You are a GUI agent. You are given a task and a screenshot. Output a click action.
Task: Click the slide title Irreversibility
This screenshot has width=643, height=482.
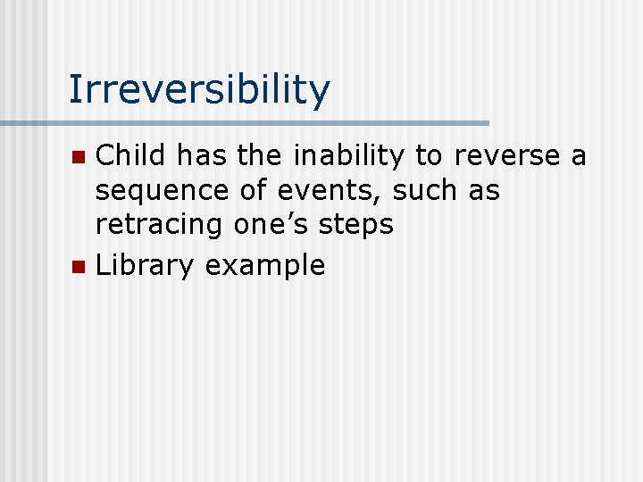click(199, 90)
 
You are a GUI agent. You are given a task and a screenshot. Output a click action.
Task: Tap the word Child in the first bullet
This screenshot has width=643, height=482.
click(131, 156)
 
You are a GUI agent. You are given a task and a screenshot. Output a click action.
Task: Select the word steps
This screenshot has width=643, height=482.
click(361, 225)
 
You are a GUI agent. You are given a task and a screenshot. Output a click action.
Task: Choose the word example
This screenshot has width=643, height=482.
click(265, 265)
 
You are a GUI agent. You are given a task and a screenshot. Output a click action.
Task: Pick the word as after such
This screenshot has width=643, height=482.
click(481, 191)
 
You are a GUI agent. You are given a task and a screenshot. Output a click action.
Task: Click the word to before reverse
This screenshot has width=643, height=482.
click(429, 156)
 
